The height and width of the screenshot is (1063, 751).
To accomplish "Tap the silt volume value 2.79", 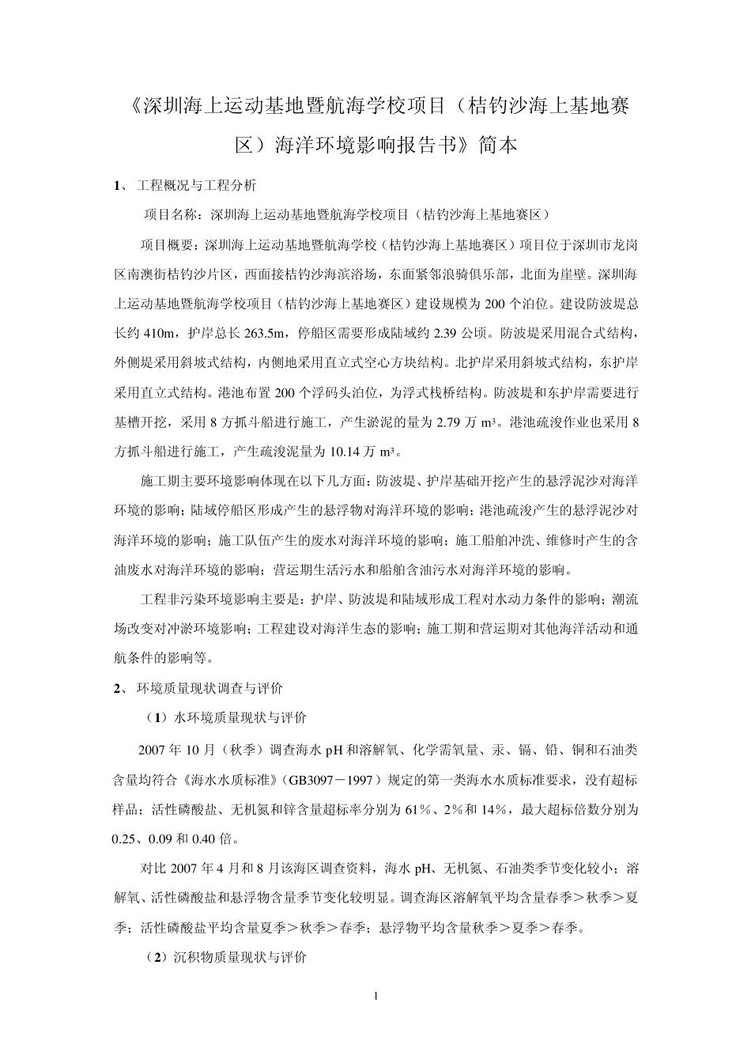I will [x=449, y=422].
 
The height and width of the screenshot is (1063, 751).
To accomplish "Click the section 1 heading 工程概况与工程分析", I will [x=196, y=187].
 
